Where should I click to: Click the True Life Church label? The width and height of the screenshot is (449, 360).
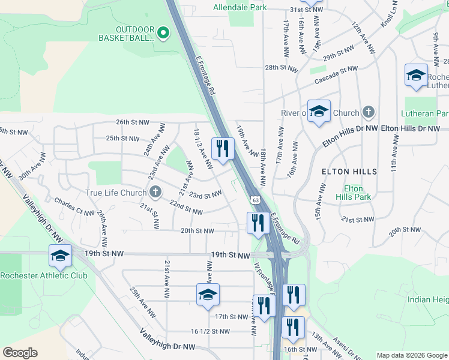coord(116,193)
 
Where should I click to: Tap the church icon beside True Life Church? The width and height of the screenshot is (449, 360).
coord(155,193)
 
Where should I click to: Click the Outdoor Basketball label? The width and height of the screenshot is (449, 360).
coord(127,34)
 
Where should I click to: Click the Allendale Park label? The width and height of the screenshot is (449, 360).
coord(241,8)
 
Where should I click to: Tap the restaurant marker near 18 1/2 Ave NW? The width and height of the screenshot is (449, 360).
coord(223,148)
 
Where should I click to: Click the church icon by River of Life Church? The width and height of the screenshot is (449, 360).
coord(369,112)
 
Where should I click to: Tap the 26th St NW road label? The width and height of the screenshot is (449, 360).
coord(133,122)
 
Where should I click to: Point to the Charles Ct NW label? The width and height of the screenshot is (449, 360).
coord(74,206)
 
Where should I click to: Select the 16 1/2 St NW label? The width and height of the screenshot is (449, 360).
coord(211,331)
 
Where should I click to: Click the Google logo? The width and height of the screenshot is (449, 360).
coord(20,353)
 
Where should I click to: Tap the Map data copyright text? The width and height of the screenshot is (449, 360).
coord(411,355)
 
